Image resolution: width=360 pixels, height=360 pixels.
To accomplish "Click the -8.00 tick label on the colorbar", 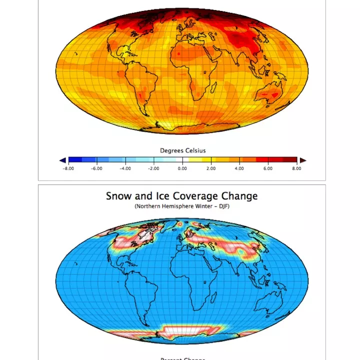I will (x=68, y=169).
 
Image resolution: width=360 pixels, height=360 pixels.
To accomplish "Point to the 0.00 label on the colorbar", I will (x=182, y=169).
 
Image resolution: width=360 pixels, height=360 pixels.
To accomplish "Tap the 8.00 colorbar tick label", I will (x=296, y=169).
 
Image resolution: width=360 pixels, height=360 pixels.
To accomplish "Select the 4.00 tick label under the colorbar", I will (x=239, y=169).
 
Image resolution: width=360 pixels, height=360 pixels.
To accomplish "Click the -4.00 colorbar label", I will (x=125, y=169).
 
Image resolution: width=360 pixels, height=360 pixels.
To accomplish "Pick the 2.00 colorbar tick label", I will (x=211, y=169).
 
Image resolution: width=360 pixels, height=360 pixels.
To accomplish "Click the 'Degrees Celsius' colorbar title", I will (x=182, y=150).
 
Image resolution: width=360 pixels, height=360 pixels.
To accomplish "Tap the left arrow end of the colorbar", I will (x=62, y=160).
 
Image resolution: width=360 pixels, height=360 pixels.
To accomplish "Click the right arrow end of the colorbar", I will (x=302, y=160).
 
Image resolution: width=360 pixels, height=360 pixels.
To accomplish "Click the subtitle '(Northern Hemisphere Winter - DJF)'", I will (x=182, y=206).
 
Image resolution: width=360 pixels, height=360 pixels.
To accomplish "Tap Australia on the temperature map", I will (x=273, y=94).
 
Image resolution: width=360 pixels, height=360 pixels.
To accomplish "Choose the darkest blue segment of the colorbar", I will (x=74, y=160).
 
